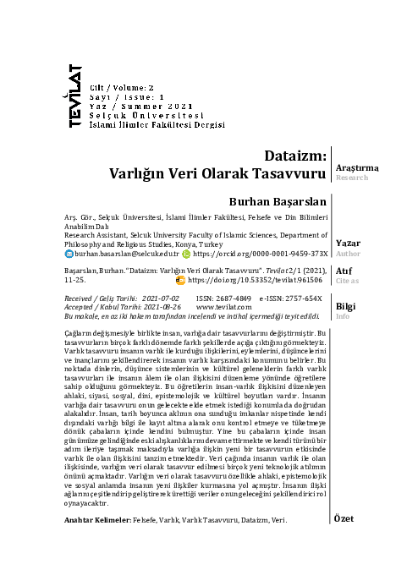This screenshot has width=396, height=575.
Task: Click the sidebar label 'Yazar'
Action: (349, 243)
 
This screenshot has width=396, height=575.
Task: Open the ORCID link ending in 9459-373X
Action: (260, 253)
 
